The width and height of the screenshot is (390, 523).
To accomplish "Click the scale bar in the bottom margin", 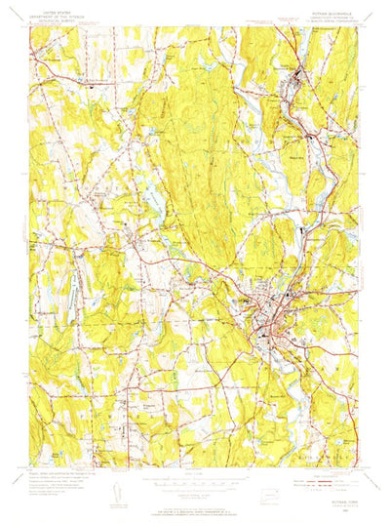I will tap(195, 469).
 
